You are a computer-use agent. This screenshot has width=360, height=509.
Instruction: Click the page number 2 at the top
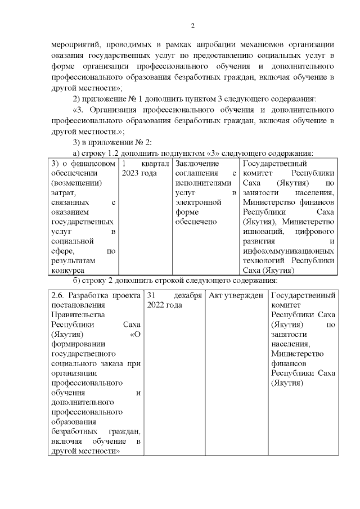192,26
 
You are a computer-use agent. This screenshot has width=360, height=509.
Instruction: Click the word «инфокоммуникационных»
289,251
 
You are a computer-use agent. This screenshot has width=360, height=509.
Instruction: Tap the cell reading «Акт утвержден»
236,295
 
